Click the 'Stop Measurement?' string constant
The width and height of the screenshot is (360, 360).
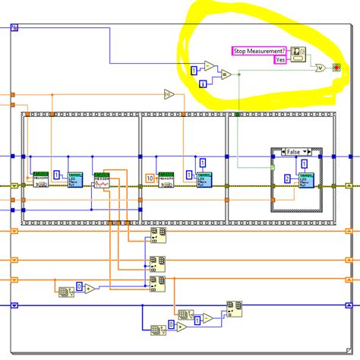(x=258, y=50)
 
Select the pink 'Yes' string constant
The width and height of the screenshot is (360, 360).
(x=279, y=59)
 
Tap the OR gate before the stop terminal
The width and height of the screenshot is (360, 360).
(x=321, y=68)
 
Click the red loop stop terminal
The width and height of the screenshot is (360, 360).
(x=336, y=68)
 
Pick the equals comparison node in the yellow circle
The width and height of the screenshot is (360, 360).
(x=225, y=74)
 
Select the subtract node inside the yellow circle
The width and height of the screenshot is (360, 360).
(x=209, y=66)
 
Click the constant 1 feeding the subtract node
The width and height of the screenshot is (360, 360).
(x=194, y=70)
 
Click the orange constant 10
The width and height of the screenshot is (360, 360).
(x=150, y=178)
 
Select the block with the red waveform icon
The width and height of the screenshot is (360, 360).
(x=101, y=181)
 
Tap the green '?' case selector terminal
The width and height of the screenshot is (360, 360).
(x=272, y=166)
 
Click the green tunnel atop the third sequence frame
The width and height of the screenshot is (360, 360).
(x=238, y=114)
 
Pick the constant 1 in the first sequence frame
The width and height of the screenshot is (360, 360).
(x=57, y=175)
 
